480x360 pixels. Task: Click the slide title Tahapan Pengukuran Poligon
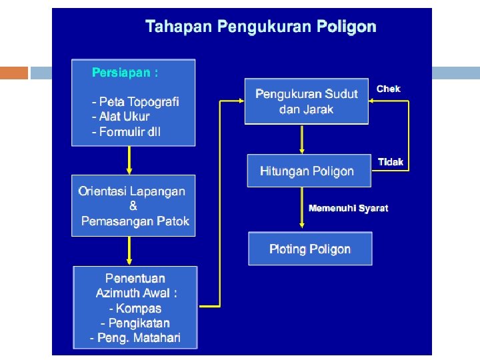tap(261, 27)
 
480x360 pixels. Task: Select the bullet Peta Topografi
tap(135, 102)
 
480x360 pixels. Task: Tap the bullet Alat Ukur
tap(121, 117)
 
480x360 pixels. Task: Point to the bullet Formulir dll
tap(126, 131)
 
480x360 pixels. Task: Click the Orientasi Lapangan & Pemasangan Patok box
tap(133, 205)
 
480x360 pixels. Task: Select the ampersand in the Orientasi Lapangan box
tap(133, 206)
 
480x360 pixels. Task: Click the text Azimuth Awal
tap(137, 293)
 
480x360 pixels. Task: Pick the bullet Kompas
tap(135, 308)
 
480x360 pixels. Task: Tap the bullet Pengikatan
tap(135, 323)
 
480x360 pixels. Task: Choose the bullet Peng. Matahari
tap(135, 338)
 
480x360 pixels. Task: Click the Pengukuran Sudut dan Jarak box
tap(306, 101)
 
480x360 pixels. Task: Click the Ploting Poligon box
tap(310, 249)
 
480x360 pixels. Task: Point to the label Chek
tap(389, 89)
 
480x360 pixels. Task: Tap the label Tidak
tap(391, 162)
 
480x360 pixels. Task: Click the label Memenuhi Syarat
tap(348, 208)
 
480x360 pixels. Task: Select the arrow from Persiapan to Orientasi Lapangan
tap(129, 160)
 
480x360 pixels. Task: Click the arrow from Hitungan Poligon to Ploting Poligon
tap(303, 209)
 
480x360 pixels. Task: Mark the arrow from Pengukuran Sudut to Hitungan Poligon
tap(303, 139)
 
